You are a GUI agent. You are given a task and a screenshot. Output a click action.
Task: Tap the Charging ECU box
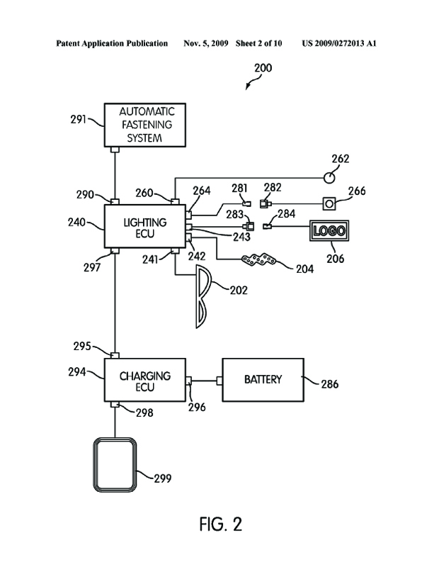point(145,381)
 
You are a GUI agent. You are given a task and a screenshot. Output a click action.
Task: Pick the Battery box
point(263,380)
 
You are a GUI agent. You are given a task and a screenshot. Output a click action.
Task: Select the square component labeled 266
point(330,204)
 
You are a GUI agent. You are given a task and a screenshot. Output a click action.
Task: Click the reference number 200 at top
point(262,69)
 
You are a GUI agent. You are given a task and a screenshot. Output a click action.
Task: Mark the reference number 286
point(329,385)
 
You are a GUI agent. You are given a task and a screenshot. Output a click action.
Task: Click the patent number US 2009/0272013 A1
point(338,43)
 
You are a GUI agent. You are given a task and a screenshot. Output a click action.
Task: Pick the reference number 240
point(77,223)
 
